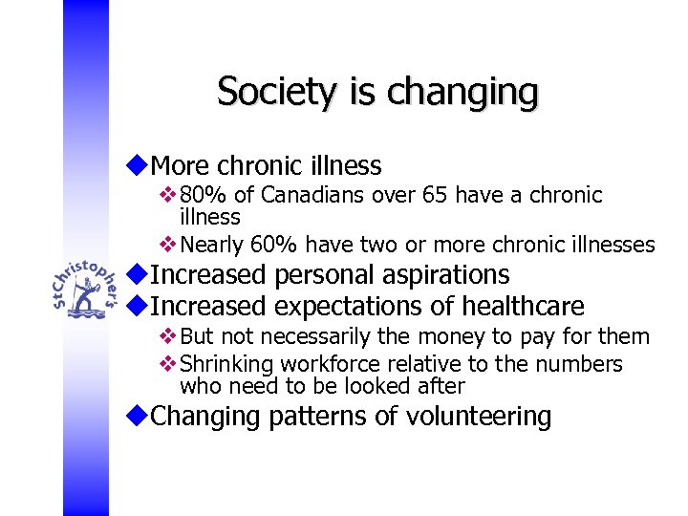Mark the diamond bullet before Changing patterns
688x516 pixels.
coord(140,416)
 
